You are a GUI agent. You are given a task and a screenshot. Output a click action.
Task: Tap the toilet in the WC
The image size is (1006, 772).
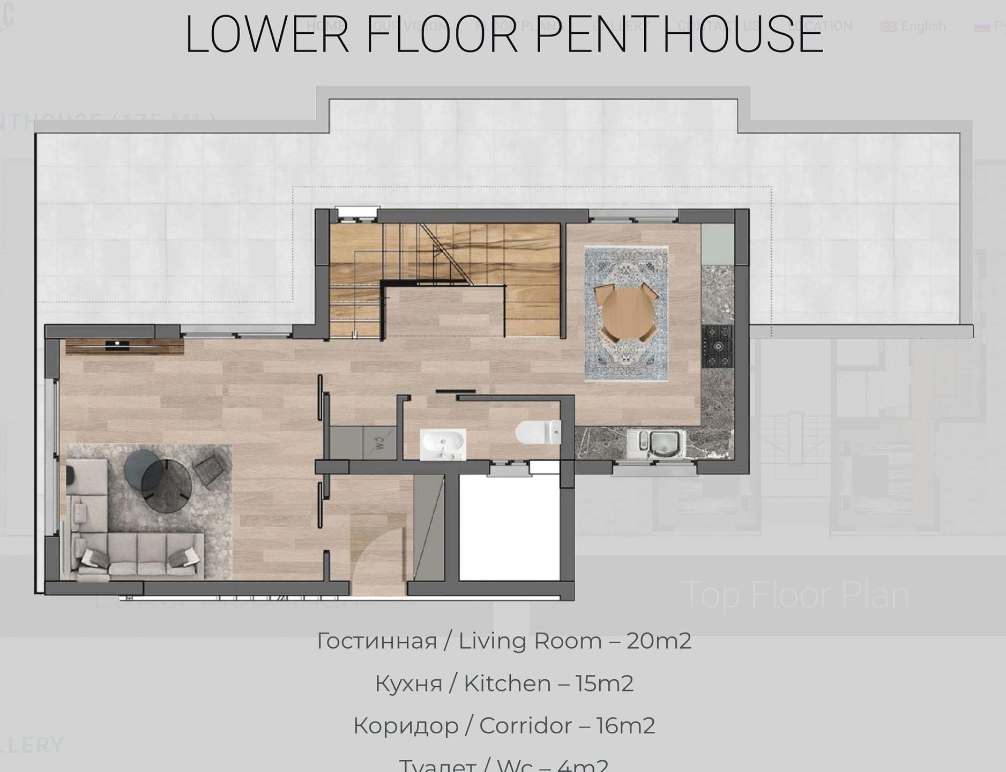pyautogui.click(x=538, y=433)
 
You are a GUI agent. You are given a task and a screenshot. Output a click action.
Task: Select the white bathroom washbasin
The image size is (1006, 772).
pyautogui.click(x=443, y=444)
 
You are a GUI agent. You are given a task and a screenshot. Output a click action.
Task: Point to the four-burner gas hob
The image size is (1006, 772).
pyautogui.click(x=717, y=346)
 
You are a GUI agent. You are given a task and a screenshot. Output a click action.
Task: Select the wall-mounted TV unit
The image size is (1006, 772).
pyautogui.click(x=124, y=346)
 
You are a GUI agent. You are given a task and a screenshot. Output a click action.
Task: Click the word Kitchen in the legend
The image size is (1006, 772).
pyautogui.click(x=507, y=684)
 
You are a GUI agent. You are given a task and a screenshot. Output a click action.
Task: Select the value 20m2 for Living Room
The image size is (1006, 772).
pyautogui.click(x=658, y=641)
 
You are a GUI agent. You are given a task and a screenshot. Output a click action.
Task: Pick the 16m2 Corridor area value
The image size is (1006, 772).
pyautogui.click(x=625, y=726)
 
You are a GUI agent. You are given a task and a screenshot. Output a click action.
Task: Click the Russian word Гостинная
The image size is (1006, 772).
pyautogui.click(x=377, y=641)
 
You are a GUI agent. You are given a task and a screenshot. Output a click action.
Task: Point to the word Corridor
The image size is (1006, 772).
pyautogui.click(x=525, y=726)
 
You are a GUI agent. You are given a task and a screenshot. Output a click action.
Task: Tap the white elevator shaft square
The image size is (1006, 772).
pyautogui.click(x=509, y=528)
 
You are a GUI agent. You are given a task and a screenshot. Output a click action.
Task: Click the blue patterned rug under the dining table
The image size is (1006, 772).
pyautogui.click(x=626, y=365)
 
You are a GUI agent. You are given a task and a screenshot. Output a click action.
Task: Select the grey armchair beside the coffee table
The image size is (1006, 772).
pyautogui.click(x=210, y=469)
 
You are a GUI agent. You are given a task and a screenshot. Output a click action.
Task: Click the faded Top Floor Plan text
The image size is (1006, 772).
pyautogui.click(x=795, y=595)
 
